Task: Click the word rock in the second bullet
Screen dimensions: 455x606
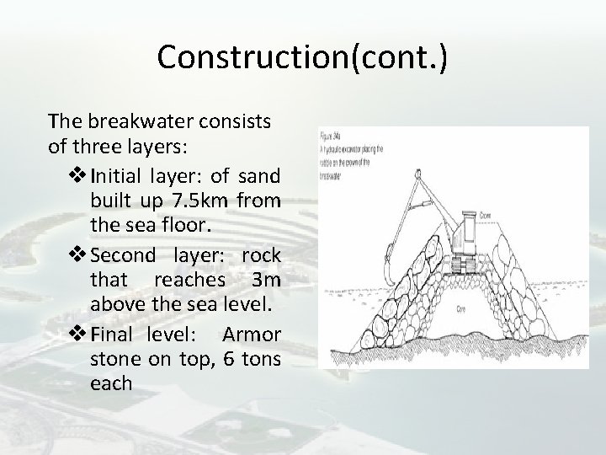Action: (261, 255)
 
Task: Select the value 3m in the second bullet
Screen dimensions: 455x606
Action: (268, 281)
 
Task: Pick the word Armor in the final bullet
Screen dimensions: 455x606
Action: (251, 333)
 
